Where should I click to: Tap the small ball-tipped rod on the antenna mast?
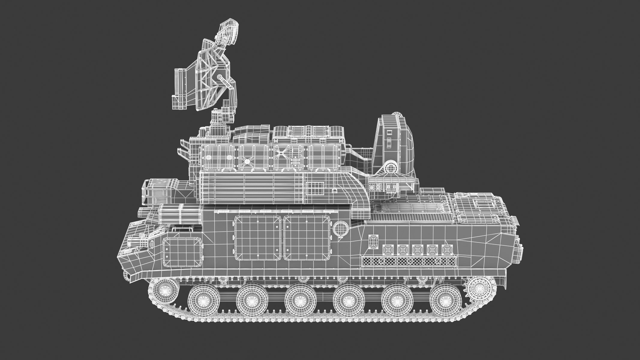point(221,79)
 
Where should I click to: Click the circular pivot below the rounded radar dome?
point(391,167)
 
